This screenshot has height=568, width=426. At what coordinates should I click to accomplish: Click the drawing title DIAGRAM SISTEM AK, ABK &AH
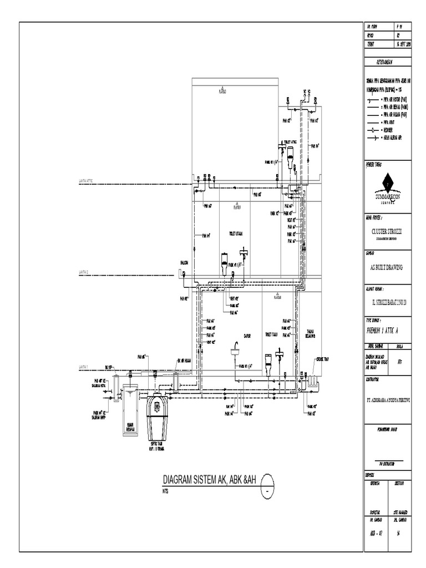(x=210, y=479)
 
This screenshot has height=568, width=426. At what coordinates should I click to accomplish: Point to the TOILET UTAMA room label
(x=236, y=234)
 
